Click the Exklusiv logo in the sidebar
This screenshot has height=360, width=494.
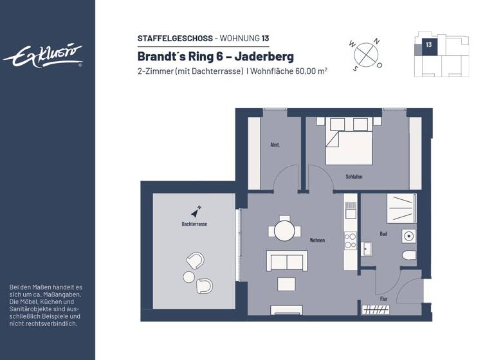pyautogui.click(x=43, y=56)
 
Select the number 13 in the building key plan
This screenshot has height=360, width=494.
pyautogui.click(x=428, y=45)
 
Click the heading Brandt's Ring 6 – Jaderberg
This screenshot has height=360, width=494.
pyautogui.click(x=215, y=55)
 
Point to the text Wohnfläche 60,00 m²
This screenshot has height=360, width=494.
pyautogui.click(x=290, y=71)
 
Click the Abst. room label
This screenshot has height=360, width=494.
pyautogui.click(x=275, y=145)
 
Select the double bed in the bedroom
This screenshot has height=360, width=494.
pyautogui.click(x=349, y=141)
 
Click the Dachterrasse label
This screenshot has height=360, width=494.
pyautogui.click(x=194, y=224)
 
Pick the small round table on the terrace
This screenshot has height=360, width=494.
pyautogui.click(x=188, y=277)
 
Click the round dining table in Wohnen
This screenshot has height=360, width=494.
pyautogui.click(x=284, y=230)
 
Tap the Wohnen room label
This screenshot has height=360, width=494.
pyautogui.click(x=316, y=240)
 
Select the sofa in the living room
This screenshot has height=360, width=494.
pyautogui.click(x=286, y=262)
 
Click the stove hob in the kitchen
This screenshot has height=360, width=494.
pyautogui.click(x=351, y=240)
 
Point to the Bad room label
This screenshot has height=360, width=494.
pyautogui.click(x=383, y=235)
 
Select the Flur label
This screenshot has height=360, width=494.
pyautogui.click(x=383, y=298)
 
